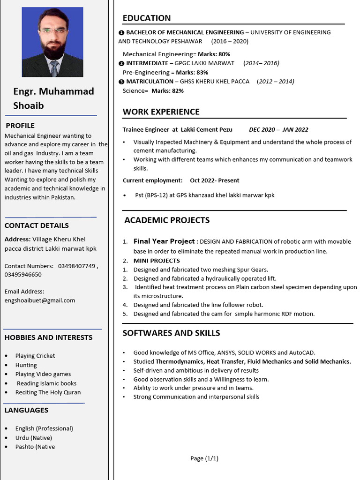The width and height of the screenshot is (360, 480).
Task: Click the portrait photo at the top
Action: [52, 42]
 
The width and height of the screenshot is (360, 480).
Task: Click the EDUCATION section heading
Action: [147, 18]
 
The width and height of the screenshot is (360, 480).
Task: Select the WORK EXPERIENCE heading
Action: [161, 112]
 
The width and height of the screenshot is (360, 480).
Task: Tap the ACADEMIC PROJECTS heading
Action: [167, 220]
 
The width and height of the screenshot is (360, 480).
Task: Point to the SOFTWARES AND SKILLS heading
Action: [171, 333]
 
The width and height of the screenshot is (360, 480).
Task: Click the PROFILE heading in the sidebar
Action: [20, 126]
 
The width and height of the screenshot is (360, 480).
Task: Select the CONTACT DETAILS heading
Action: [37, 225]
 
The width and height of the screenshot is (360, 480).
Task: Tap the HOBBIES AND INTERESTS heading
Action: [48, 337]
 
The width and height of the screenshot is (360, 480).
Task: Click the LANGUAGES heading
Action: [26, 410]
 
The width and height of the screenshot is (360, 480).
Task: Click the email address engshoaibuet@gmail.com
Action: [40, 300]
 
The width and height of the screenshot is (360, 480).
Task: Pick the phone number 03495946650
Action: [23, 275]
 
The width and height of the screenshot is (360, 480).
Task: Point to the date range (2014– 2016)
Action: [261, 63]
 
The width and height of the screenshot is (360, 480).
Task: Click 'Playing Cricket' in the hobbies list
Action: [35, 356]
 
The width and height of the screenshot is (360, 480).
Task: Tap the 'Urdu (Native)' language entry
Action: [34, 438]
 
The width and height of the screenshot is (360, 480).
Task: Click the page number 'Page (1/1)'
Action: [204, 458]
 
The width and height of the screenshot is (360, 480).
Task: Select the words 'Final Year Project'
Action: [164, 241]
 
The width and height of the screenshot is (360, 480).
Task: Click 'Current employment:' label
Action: [153, 180]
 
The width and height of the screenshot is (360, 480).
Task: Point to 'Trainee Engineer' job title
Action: [146, 130]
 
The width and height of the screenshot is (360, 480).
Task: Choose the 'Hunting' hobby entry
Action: [26, 365]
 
